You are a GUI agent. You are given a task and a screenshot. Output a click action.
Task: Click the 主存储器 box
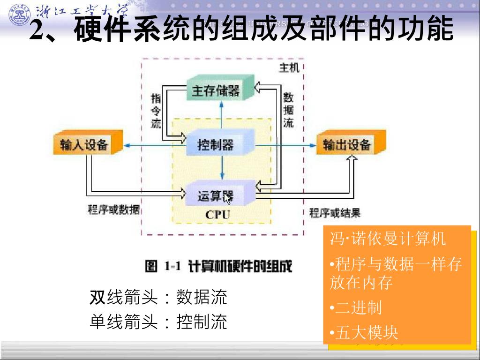click(x=216, y=90)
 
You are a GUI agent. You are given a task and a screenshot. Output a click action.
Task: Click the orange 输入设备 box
click(x=84, y=145)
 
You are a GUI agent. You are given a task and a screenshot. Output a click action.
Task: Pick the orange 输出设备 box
click(x=347, y=145)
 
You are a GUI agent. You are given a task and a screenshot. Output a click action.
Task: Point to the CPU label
click(x=217, y=215)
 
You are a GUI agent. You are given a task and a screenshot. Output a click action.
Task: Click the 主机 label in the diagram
click(x=289, y=68)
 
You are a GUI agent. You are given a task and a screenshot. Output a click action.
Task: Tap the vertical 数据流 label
click(x=288, y=110)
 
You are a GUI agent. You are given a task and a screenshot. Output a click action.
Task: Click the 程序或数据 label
click(x=113, y=210)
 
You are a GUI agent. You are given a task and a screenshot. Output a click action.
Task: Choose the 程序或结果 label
click(x=335, y=213)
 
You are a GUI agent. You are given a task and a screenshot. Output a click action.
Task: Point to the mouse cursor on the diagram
click(x=227, y=199)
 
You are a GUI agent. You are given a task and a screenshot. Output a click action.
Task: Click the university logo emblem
click(x=20, y=14)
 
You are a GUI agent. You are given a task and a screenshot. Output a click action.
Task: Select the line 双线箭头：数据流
click(x=158, y=297)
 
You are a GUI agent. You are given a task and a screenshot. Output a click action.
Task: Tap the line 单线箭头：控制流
click(x=158, y=322)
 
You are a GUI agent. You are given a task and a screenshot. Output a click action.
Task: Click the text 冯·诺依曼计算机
click(x=388, y=239)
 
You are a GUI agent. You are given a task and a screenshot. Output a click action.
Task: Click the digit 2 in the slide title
click(x=37, y=31)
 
